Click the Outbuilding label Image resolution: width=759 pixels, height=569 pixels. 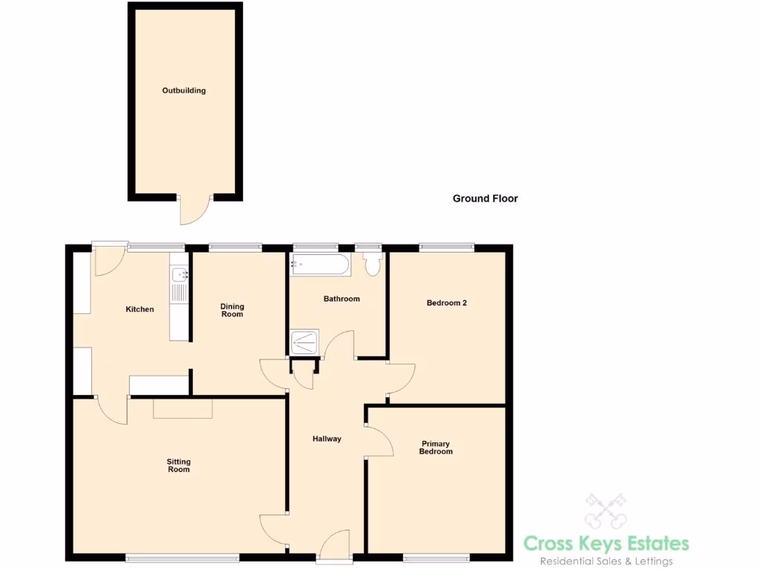pyautogui.click(x=184, y=90)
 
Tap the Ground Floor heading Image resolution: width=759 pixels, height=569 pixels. pyautogui.click(x=485, y=199)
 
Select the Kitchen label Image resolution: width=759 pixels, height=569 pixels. pyautogui.click(x=139, y=309)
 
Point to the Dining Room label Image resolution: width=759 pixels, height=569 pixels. pyautogui.click(x=232, y=310)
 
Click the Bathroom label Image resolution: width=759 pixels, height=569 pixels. pyautogui.click(x=341, y=299)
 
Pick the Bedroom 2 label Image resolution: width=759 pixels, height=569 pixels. pyautogui.click(x=446, y=302)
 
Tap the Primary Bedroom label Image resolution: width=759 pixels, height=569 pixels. pyautogui.click(x=435, y=447)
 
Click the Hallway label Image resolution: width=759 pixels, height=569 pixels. pyautogui.click(x=327, y=439)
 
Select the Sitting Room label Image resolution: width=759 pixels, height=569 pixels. pyautogui.click(x=179, y=465)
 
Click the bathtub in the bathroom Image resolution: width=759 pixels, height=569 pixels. pyautogui.click(x=321, y=264)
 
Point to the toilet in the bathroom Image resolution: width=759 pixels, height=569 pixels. pyautogui.click(x=371, y=264)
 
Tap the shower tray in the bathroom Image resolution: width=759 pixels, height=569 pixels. pyautogui.click(x=304, y=342)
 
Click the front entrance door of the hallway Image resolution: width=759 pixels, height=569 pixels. pyautogui.click(x=335, y=545)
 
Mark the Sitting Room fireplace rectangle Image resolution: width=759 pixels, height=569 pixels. pyautogui.click(x=182, y=408)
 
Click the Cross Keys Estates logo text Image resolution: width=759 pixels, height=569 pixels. pyautogui.click(x=606, y=543)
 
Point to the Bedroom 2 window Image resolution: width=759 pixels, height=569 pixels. pyautogui.click(x=447, y=247)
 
